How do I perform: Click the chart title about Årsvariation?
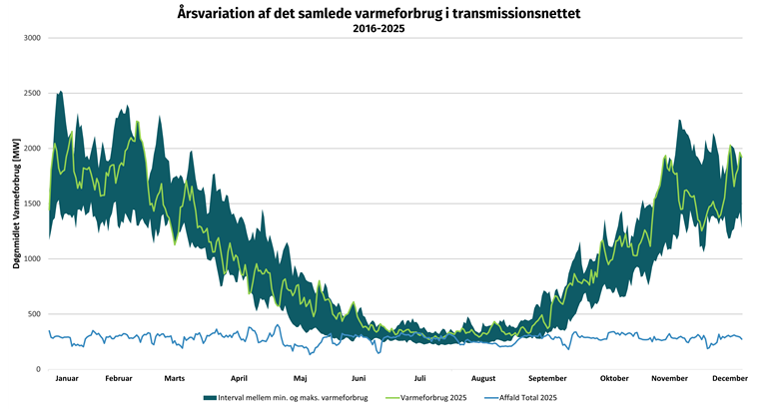click(x=379, y=13)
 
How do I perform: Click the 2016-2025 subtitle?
click(x=379, y=29)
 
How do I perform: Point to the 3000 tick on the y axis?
click(x=32, y=38)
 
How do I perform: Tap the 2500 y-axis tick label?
click(x=32, y=94)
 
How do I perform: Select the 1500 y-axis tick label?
click(x=32, y=204)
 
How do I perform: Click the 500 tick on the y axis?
click(x=34, y=314)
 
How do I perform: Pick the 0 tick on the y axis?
click(x=38, y=369)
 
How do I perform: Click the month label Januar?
click(x=67, y=379)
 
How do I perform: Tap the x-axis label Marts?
click(x=175, y=379)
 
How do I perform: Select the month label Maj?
click(x=300, y=379)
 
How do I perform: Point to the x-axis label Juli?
click(x=420, y=379)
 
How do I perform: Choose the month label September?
click(x=547, y=379)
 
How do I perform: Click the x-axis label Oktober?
click(x=614, y=379)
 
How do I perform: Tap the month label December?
click(x=730, y=379)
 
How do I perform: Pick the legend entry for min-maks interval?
click(x=293, y=398)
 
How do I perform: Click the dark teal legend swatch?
click(x=208, y=398)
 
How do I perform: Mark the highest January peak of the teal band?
click(x=60, y=92)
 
